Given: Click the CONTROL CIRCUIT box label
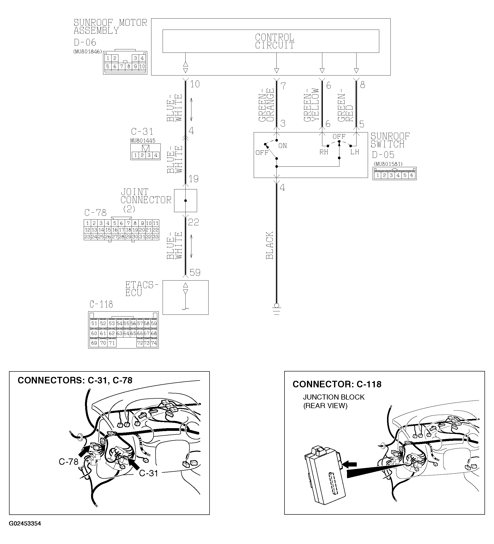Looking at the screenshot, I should click(274, 41).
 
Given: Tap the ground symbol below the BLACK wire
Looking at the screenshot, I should click(277, 309).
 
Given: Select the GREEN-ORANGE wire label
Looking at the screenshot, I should click(266, 105).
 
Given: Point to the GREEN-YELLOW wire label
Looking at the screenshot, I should click(311, 105).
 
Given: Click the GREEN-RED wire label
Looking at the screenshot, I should click(346, 107).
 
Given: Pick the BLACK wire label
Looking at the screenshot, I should click(270, 245).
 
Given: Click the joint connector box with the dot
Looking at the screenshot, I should click(186, 200).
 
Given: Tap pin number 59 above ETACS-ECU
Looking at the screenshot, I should click(195, 272).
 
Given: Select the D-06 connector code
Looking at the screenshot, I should click(85, 42).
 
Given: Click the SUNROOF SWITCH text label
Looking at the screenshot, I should click(390, 140).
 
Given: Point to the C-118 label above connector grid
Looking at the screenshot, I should click(101, 305).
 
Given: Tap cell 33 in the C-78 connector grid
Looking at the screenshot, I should click(156, 237).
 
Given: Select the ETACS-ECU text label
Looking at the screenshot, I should click(142, 289).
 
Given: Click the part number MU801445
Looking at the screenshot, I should click(143, 141).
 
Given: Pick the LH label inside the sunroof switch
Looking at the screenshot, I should click(355, 152).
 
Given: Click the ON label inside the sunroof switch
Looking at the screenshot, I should click(283, 146).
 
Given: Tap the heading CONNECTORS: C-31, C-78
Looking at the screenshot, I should click(75, 380).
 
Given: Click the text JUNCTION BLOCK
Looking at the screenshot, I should click(334, 397).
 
